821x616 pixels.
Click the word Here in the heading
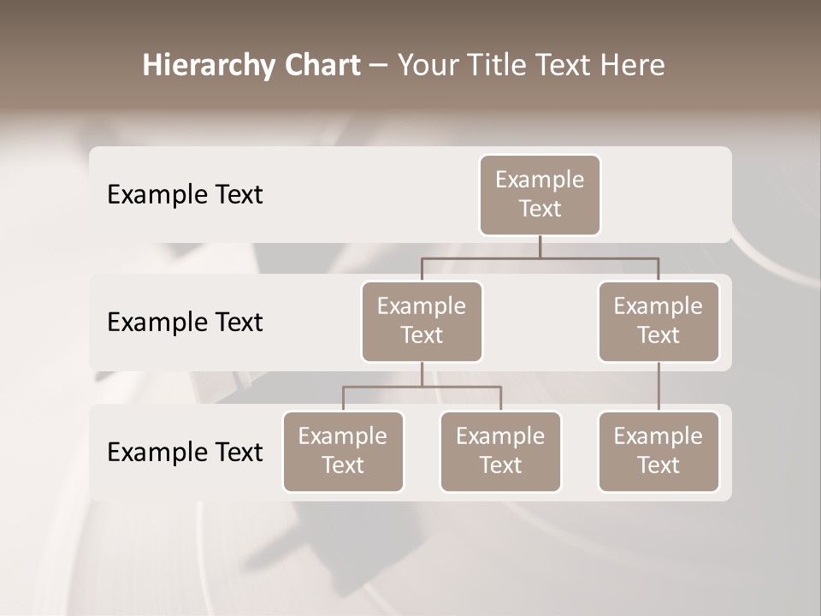(x=631, y=66)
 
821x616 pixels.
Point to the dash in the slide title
(x=379, y=66)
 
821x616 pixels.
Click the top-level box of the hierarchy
(x=540, y=194)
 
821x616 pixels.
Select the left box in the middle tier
(x=422, y=321)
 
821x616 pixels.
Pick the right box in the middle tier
(x=659, y=321)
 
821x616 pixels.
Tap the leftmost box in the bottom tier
(x=343, y=451)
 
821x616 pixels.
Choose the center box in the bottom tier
(x=500, y=451)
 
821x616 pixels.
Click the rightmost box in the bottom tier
(x=659, y=451)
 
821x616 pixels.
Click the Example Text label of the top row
(x=185, y=195)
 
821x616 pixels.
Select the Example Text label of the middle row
(x=185, y=323)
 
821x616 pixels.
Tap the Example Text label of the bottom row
(x=185, y=453)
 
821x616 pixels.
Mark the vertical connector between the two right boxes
(x=659, y=387)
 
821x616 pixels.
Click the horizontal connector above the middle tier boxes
(x=540, y=258)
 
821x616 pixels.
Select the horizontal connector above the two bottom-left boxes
(x=422, y=387)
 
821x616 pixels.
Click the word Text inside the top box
(x=540, y=209)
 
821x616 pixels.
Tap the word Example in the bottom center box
(x=500, y=436)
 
